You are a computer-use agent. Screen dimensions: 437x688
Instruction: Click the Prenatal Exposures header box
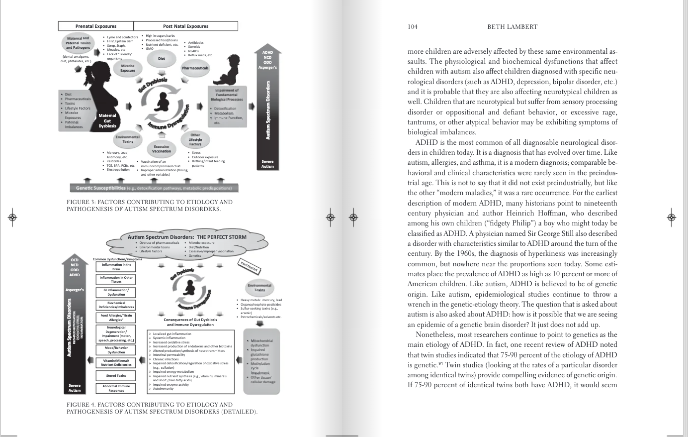pos(96,26)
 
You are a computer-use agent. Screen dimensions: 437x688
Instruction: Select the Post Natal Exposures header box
pos(185,26)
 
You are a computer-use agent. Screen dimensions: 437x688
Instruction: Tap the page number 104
pos(412,27)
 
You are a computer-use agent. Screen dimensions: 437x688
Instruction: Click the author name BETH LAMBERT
pos(512,27)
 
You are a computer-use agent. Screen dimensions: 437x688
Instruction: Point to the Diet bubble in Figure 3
pos(161,59)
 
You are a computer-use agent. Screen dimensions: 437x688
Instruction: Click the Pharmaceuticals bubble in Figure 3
pos(195,68)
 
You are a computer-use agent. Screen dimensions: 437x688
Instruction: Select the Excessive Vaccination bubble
pos(161,149)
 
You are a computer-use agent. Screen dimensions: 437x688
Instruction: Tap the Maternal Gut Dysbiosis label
pos(107,121)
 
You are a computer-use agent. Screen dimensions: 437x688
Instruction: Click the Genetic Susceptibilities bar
pos(154,188)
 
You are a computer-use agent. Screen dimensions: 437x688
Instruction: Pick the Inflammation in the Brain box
pos(116,267)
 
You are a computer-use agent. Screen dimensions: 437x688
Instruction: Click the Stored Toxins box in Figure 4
pos(116,376)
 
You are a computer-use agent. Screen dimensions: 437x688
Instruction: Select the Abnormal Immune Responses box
pos(116,388)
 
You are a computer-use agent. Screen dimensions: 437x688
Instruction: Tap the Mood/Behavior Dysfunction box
pos(116,350)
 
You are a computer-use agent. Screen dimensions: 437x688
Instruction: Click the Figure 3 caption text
pos(149,206)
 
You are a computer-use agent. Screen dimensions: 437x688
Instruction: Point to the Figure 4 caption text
pos(162,408)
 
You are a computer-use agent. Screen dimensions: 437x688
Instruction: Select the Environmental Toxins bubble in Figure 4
pos(259,287)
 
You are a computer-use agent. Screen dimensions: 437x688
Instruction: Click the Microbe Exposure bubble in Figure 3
pos(128,68)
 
